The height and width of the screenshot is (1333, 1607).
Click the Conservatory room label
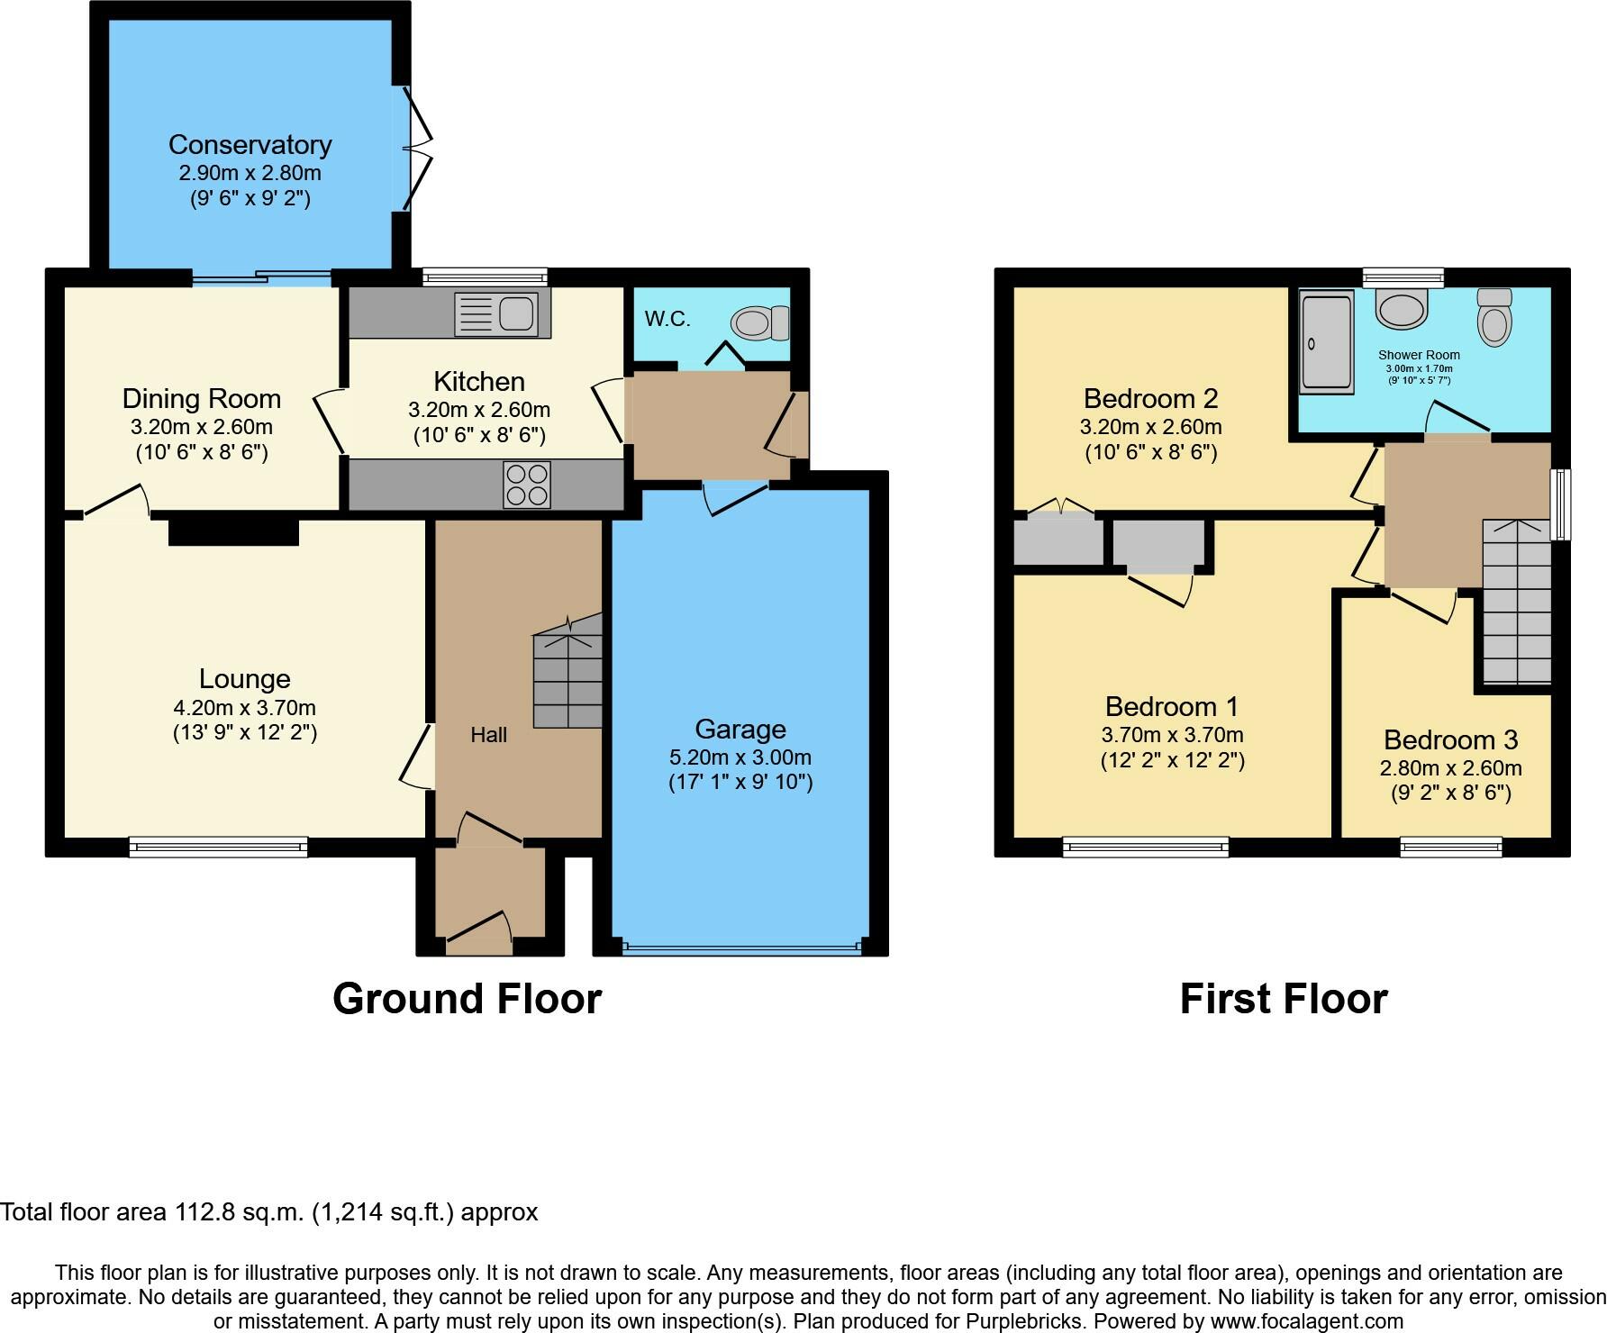[x=250, y=144]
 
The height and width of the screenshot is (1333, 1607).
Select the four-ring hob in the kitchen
[x=527, y=485]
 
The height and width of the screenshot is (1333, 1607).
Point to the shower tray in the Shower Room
[x=1327, y=341]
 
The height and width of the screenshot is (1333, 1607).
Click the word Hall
[x=488, y=735]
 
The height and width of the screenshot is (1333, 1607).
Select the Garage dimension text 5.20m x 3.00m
[x=740, y=757]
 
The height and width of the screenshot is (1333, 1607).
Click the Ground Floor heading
[x=467, y=999]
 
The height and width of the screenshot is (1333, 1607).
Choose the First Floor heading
[x=1284, y=999]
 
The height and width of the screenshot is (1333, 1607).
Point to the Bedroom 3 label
[x=1451, y=739]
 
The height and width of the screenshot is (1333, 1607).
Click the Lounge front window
[x=218, y=847]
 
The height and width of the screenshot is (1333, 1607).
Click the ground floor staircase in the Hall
[x=567, y=671]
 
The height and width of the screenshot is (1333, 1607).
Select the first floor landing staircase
[x=1517, y=602]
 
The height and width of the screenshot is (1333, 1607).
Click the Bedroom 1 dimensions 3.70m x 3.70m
[x=1173, y=735]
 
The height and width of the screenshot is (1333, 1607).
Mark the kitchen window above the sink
[x=485, y=277]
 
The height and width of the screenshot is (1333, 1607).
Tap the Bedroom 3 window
[x=1451, y=847]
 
